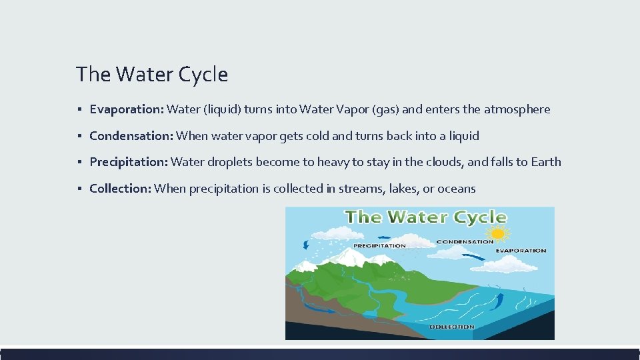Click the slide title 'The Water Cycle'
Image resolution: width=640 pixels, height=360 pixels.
click(x=152, y=74)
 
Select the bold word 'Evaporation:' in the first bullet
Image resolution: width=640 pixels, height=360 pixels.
click(x=127, y=109)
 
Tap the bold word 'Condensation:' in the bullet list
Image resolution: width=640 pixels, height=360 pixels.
click(x=131, y=136)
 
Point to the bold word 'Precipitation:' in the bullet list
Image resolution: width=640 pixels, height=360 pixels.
click(x=129, y=162)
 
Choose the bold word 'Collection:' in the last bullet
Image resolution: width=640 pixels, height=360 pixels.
click(x=121, y=189)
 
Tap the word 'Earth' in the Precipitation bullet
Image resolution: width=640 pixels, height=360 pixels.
click(x=546, y=162)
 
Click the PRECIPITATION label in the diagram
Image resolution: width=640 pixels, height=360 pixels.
click(x=379, y=246)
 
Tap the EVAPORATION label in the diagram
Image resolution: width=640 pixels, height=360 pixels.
click(x=521, y=251)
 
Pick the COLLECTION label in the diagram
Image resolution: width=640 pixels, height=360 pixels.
click(x=452, y=327)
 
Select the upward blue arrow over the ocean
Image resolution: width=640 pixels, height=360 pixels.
click(x=495, y=301)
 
